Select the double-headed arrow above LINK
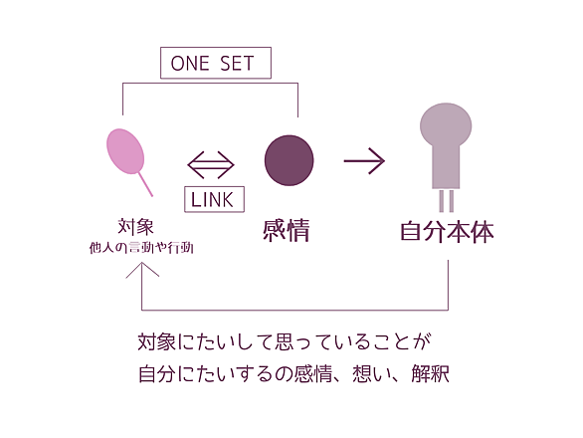tap(211, 164)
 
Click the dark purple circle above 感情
tap(289, 160)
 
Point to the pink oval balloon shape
tap(125, 151)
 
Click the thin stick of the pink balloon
tap(145, 184)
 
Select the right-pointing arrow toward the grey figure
tap(364, 160)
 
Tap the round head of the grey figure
tap(446, 124)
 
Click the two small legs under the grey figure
tap(446, 201)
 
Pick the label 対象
tap(135, 227)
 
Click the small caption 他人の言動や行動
tap(141, 248)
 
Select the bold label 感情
tap(287, 230)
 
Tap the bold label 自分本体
tap(447, 232)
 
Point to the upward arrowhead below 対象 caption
tap(142, 269)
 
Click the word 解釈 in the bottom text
tap(431, 373)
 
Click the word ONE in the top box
tap(190, 64)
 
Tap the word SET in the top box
tap(237, 64)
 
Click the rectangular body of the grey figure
tap(446, 166)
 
